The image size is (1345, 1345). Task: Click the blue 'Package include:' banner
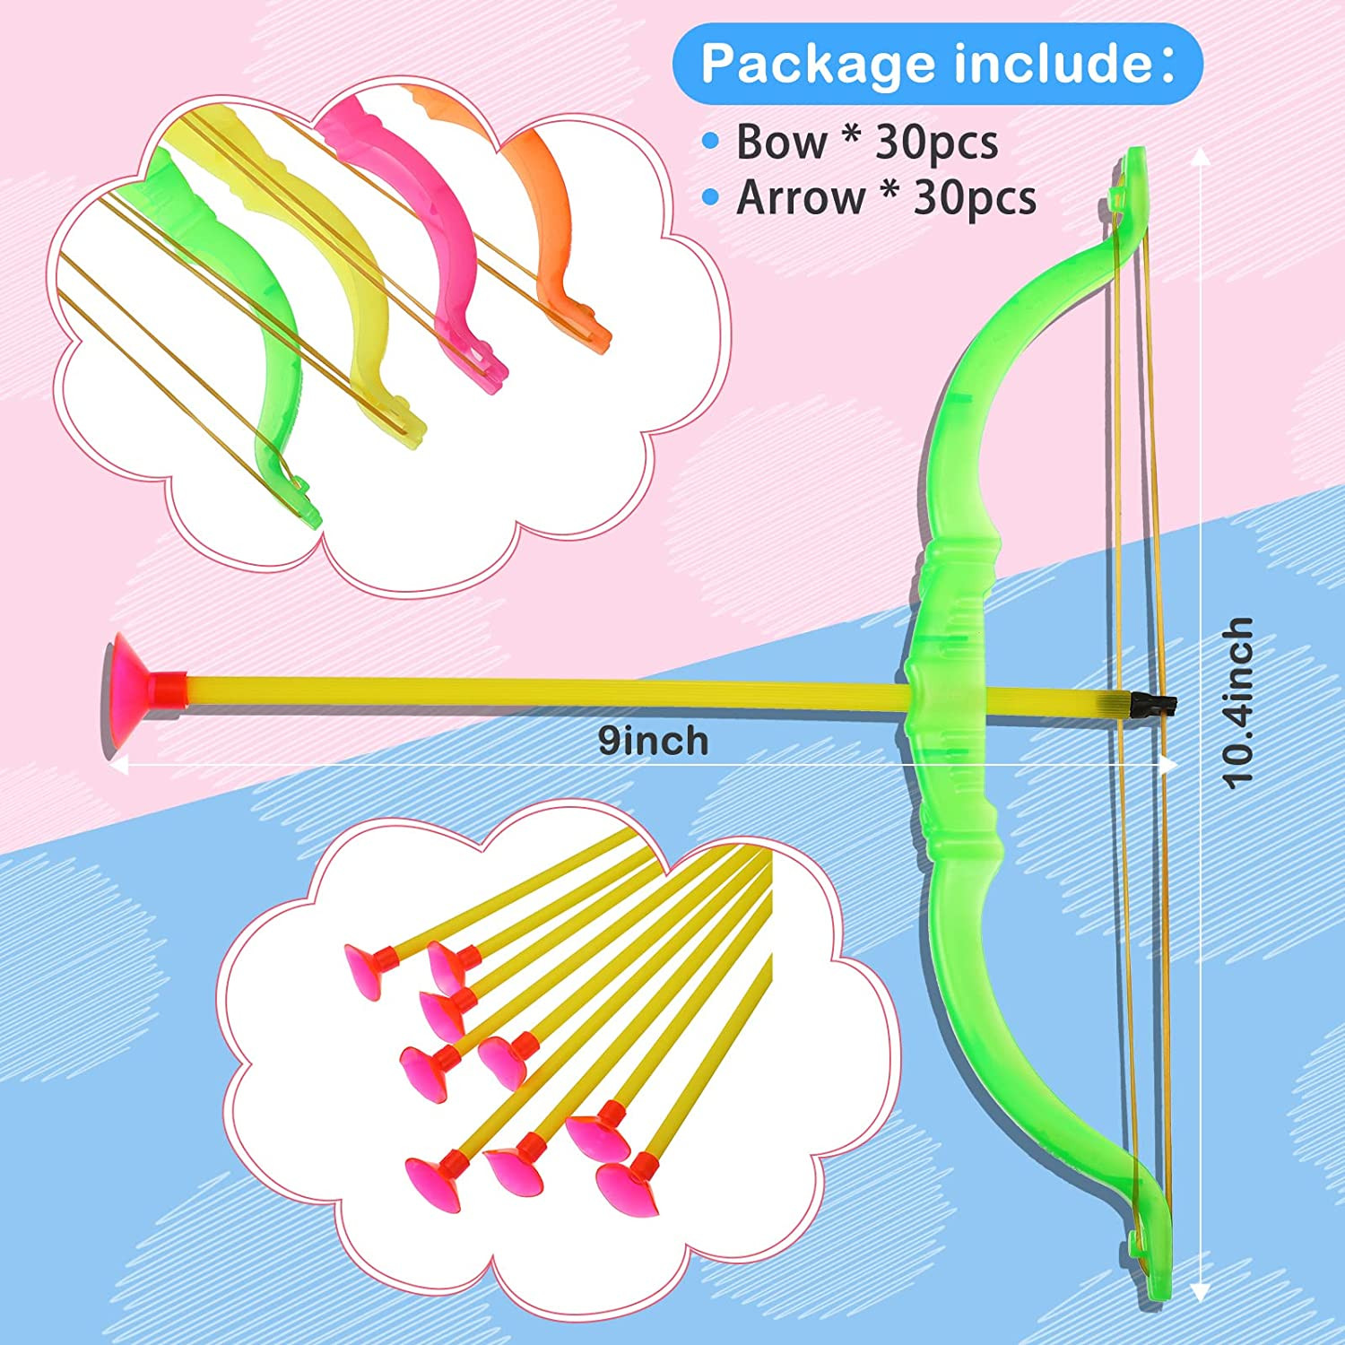937,64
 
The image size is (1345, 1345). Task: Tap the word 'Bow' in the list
781,142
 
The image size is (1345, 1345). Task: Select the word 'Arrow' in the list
800,198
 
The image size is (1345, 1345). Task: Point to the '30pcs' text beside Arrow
975,198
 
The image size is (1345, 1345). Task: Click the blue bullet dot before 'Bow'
711,140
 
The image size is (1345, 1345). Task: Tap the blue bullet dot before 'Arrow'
711,196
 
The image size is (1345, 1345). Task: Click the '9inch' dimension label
653,741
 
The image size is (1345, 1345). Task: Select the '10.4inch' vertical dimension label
1237,702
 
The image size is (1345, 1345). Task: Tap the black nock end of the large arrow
1152,705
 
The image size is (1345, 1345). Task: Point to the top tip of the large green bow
1133,170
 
